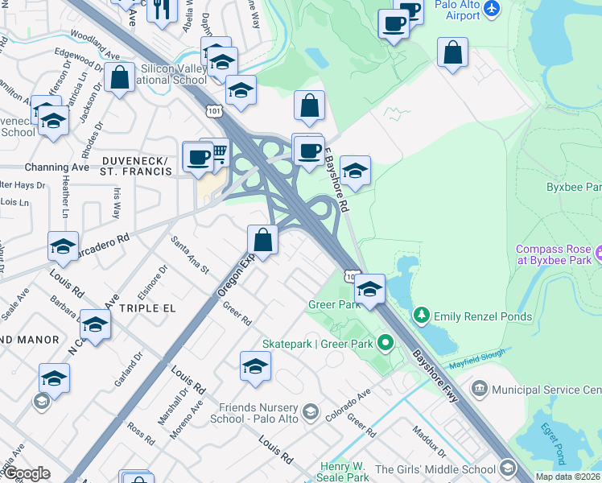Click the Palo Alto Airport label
(457, 10)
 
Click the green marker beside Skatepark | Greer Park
(386, 345)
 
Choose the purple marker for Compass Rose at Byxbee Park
(600, 255)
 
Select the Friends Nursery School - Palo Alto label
(254, 411)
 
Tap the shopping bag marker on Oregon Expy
(262, 239)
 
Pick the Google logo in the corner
(27, 473)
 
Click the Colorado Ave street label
(347, 407)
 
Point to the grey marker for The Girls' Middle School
(507, 468)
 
